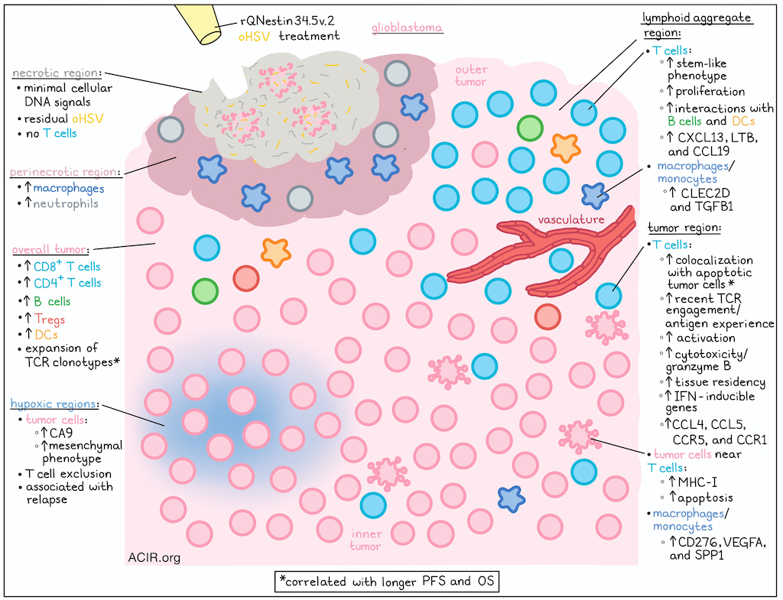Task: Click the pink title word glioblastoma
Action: click(x=407, y=28)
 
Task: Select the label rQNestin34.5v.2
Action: click(x=288, y=21)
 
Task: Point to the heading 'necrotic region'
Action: click(x=55, y=73)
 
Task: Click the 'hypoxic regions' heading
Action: click(x=53, y=404)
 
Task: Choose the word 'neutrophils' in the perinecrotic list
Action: click(x=66, y=203)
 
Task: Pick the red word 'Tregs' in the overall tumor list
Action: click(x=50, y=319)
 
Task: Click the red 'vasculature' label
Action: click(x=570, y=219)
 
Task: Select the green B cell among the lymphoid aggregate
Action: click(x=530, y=128)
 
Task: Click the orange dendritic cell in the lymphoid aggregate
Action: click(x=565, y=148)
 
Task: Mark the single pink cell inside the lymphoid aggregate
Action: click(x=485, y=154)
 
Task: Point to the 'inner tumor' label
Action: click(x=366, y=540)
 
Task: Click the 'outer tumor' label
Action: click(x=471, y=76)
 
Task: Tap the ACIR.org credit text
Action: click(x=154, y=557)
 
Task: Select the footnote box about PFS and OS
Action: click(x=386, y=582)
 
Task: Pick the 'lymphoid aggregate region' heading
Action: click(x=696, y=25)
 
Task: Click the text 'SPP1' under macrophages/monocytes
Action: click(x=709, y=555)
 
